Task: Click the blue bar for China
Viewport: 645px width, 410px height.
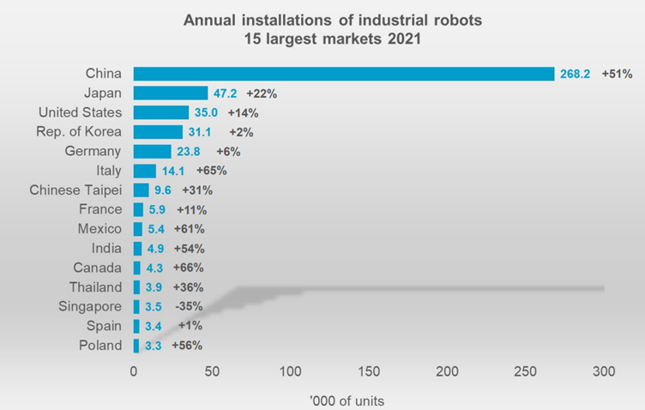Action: click(x=343, y=74)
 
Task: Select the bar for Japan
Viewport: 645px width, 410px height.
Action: click(x=170, y=93)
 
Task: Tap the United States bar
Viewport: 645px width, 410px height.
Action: click(x=160, y=112)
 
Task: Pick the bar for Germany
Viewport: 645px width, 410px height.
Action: click(x=152, y=152)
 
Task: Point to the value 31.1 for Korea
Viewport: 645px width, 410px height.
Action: click(x=201, y=132)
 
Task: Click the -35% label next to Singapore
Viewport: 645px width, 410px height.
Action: click(x=188, y=306)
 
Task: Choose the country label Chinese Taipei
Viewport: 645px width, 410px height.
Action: click(x=75, y=190)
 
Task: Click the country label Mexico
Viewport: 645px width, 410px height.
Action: click(x=99, y=229)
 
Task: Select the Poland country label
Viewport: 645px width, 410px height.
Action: click(x=100, y=345)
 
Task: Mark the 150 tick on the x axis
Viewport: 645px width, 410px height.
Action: click(x=369, y=371)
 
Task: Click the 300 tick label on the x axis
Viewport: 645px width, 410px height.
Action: click(x=604, y=371)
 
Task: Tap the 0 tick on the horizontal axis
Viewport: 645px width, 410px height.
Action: click(x=134, y=371)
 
